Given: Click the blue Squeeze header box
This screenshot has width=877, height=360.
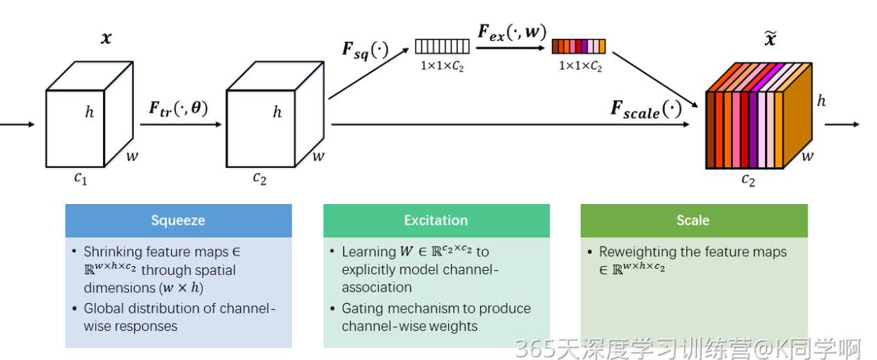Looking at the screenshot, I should click(178, 221).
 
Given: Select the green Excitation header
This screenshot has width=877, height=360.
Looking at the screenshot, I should click(436, 221).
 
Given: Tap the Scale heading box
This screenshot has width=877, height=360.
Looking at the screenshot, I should click(693, 221).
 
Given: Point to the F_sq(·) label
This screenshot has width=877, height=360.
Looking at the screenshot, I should click(365, 51).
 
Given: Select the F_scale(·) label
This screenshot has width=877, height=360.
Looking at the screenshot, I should click(646, 109).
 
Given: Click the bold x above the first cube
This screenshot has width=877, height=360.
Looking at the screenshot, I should click(106, 38).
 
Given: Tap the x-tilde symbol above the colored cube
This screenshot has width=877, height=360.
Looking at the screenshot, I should click(771, 39).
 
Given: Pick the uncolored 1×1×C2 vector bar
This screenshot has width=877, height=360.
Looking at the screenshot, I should click(443, 47).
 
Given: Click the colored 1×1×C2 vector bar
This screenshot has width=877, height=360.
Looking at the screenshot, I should click(578, 47).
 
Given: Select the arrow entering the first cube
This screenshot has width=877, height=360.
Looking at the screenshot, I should click(17, 125).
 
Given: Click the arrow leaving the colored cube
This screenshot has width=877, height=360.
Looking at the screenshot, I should click(843, 125).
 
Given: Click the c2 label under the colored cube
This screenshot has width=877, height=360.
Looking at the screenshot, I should click(748, 180).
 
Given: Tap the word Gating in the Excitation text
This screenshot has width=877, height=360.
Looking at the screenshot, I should click(362, 308).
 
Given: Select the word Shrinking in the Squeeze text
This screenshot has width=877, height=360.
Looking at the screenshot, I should click(112, 252).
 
